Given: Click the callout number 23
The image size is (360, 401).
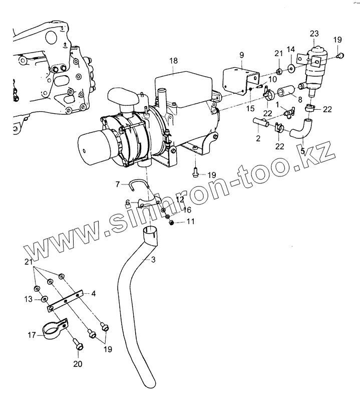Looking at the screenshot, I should (x=314, y=34).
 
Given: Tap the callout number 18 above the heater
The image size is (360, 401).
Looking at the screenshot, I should (x=173, y=61).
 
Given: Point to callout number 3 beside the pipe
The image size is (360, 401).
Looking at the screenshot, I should (x=153, y=259).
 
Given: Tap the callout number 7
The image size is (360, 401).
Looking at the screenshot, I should (x=118, y=184).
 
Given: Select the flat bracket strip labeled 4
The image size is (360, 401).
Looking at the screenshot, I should (x=68, y=300).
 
